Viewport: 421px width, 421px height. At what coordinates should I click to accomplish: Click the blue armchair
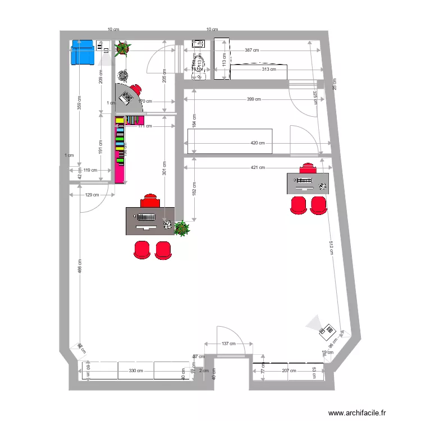pos(83,52)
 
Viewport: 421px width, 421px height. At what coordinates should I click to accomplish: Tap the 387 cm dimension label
pos(252,51)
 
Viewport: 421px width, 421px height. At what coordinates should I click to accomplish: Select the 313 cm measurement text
pos(269,70)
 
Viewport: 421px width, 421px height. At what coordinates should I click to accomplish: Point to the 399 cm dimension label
pos(254,99)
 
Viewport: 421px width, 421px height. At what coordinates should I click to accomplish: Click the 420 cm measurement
pos(257,143)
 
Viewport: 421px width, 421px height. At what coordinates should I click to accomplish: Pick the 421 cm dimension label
pos(258,167)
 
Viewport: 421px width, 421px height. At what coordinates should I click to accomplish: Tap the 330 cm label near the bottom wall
pos(135,370)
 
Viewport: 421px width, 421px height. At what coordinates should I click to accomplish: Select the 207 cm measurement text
pos(289,370)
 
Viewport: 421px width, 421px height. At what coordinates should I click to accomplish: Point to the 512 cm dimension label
pos(332,248)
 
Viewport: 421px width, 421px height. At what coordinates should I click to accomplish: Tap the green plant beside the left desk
pos(181,228)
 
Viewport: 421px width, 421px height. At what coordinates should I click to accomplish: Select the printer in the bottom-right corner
pos(328,332)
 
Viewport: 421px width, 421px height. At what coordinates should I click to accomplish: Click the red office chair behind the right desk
pos(308,168)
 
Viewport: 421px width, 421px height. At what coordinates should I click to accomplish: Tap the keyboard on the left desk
pos(146,217)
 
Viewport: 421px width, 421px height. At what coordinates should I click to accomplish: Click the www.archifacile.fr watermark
pos(358,413)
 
